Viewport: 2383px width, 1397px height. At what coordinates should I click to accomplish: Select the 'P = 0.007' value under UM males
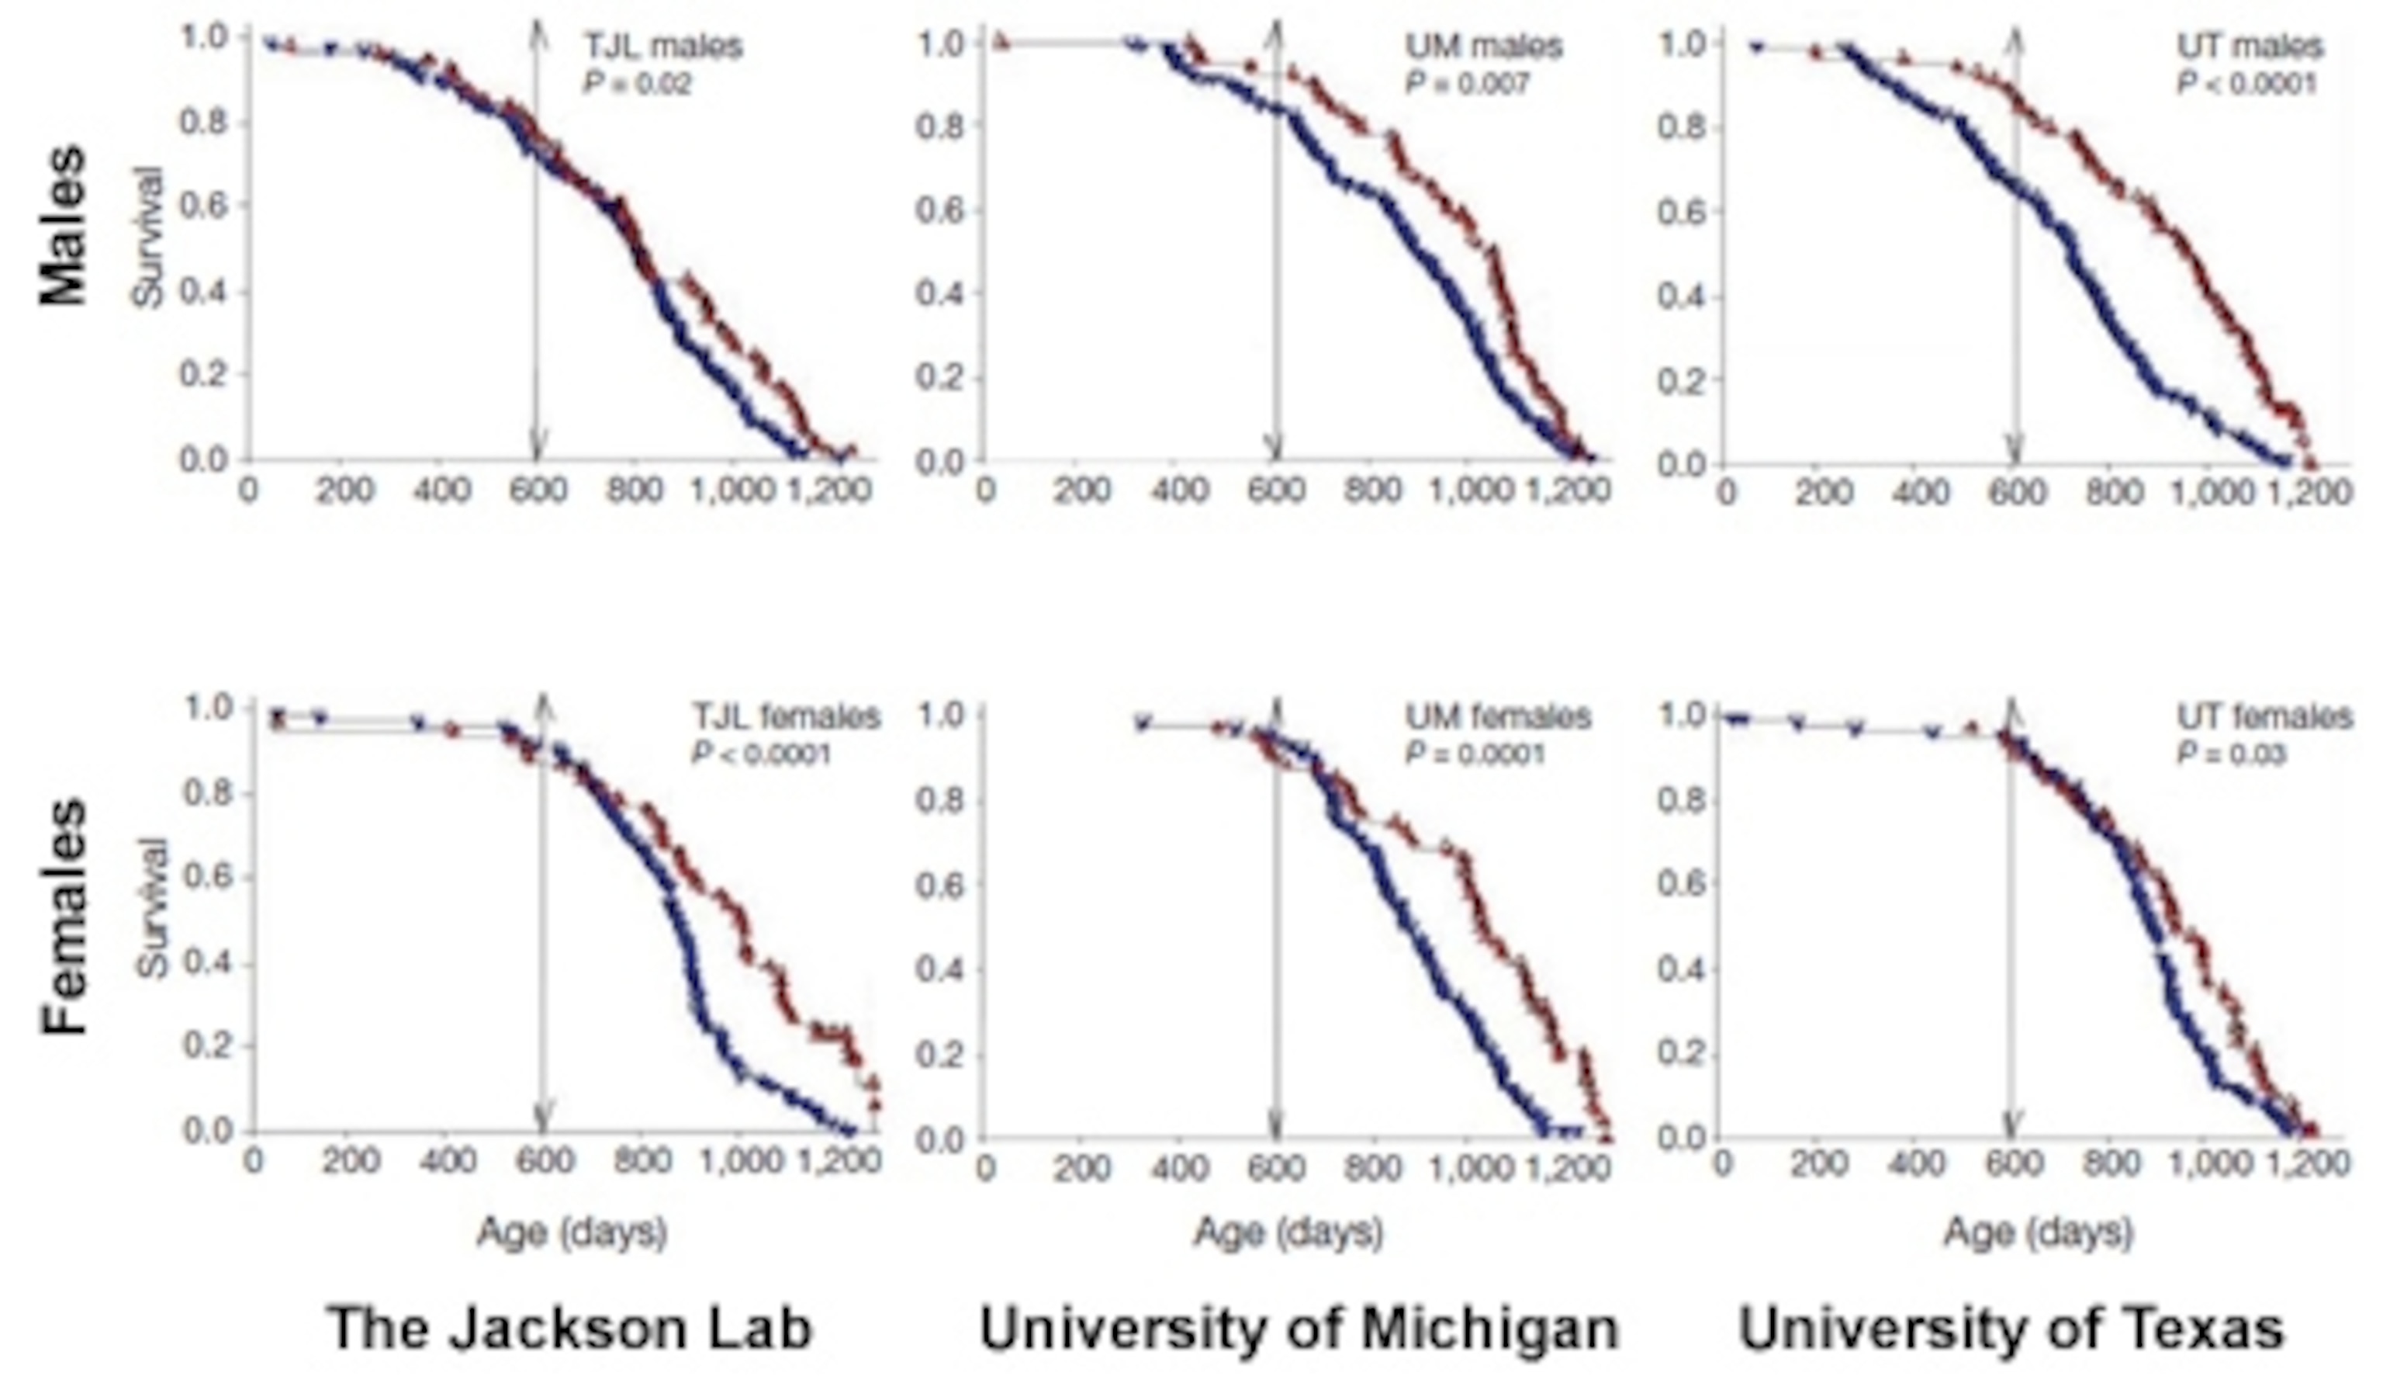(x=1467, y=84)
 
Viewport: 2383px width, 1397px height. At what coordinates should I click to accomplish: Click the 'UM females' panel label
(x=1498, y=716)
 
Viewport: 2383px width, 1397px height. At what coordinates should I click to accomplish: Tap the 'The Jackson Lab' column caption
(x=570, y=1328)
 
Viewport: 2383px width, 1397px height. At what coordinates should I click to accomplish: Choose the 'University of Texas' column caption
(x=2012, y=1328)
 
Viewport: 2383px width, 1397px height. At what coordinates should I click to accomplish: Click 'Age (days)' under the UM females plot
(x=1288, y=1232)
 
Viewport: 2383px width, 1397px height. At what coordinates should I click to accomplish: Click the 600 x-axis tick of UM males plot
(x=1275, y=490)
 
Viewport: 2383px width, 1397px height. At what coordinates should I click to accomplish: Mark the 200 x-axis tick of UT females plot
(x=1821, y=1162)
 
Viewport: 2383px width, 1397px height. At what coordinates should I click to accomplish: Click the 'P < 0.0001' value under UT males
(x=2246, y=84)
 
